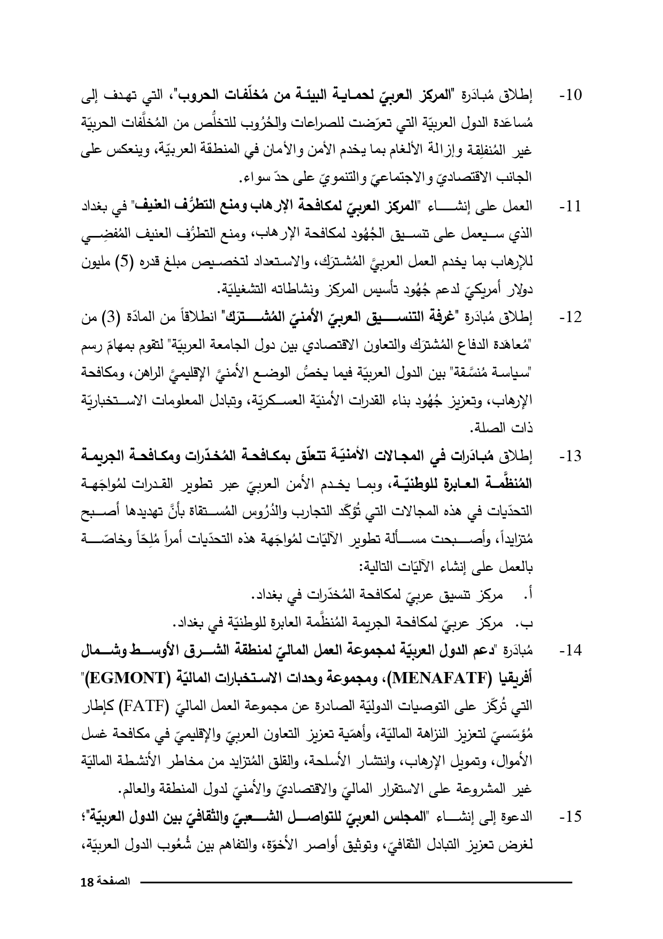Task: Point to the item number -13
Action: (570, 457)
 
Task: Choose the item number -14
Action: (570, 652)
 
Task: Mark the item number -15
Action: (570, 818)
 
